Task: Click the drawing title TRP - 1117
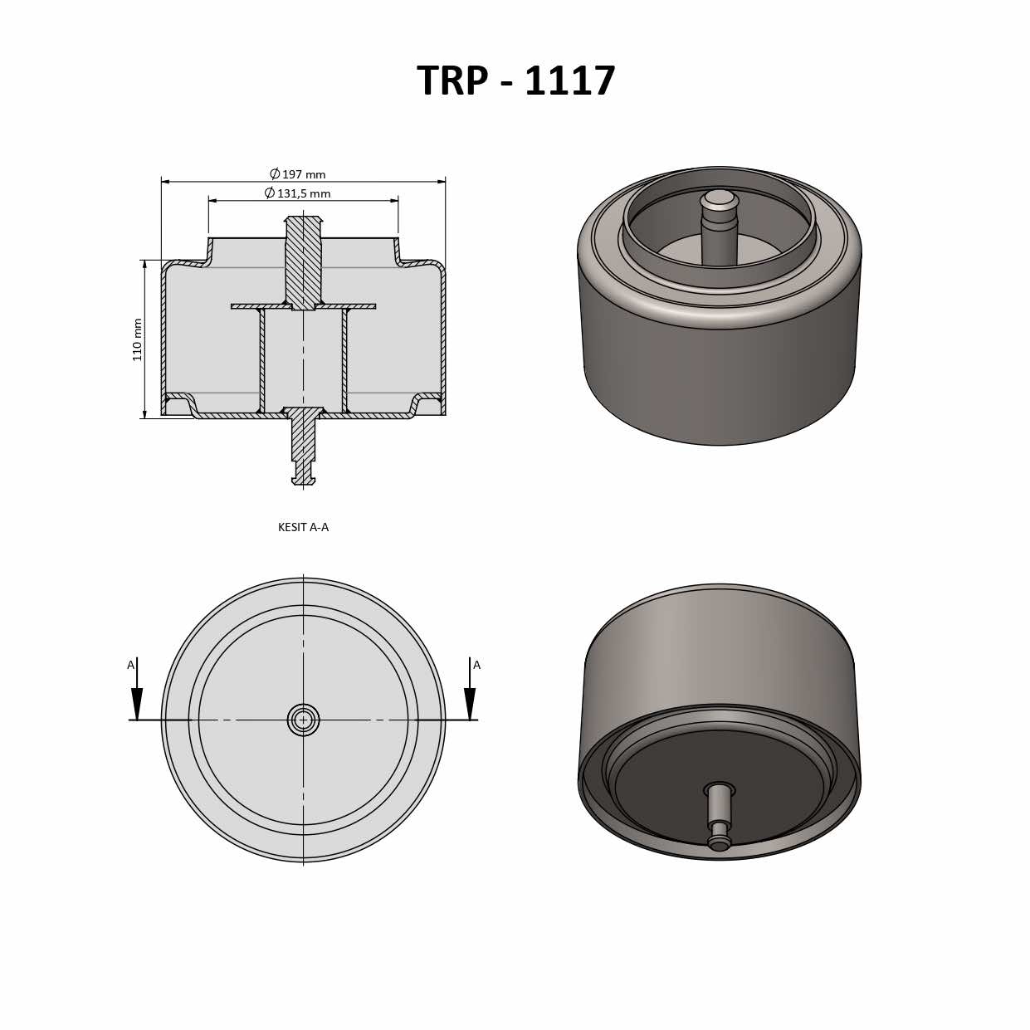515,81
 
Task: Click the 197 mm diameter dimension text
304,174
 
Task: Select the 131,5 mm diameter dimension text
304,193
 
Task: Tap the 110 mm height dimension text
138,339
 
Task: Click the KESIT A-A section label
303,527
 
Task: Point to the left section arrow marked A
137,701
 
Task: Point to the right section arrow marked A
470,701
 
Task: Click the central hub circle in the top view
303,720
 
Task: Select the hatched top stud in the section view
303,261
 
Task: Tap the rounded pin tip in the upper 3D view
719,199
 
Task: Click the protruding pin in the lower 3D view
719,818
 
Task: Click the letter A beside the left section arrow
130,665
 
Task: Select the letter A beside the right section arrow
476,665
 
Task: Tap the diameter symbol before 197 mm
275,174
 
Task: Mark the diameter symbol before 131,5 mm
270,193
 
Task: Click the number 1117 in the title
570,81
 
